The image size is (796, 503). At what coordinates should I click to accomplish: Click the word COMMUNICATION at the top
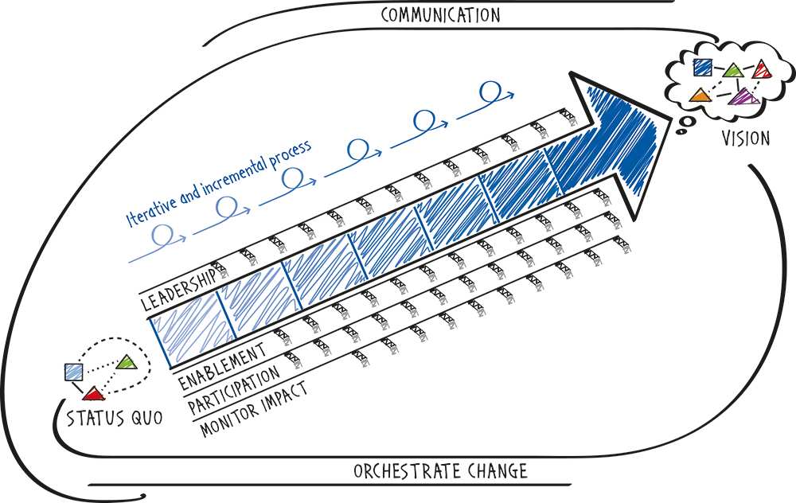pyautogui.click(x=440, y=14)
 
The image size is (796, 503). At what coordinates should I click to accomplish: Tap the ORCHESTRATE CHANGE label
pyautogui.click(x=440, y=471)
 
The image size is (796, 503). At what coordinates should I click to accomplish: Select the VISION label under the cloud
pyautogui.click(x=746, y=138)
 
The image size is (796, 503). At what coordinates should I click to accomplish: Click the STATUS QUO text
pyautogui.click(x=115, y=418)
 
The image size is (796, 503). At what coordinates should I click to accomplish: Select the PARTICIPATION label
pyautogui.click(x=234, y=389)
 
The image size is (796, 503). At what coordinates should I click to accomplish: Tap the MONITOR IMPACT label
pyautogui.click(x=254, y=409)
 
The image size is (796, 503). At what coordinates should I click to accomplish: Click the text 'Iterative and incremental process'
pyautogui.click(x=219, y=183)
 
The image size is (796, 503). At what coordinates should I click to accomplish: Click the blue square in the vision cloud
pyautogui.click(x=703, y=67)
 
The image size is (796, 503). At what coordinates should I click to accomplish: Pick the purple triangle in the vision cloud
pyautogui.click(x=743, y=96)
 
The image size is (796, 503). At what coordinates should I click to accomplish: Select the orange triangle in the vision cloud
pyautogui.click(x=699, y=95)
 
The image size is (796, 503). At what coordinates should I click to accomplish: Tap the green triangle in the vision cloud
pyautogui.click(x=732, y=70)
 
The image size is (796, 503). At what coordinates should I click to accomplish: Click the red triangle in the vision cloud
pyautogui.click(x=763, y=69)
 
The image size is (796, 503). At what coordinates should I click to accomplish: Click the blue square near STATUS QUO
pyautogui.click(x=74, y=372)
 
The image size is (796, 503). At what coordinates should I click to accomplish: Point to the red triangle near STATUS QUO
pyautogui.click(x=94, y=394)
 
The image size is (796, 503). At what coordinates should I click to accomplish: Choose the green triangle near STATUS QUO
pyautogui.click(x=127, y=362)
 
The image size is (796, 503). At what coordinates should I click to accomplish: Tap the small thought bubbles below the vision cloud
pyautogui.click(x=685, y=124)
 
